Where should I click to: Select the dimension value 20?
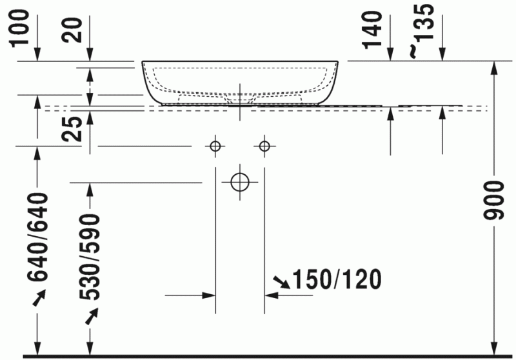point(74,28)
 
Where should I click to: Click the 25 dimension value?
point(74,128)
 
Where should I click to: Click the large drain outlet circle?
point(240,183)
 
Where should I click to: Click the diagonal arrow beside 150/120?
point(281,281)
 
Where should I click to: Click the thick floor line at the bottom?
point(258,356)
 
